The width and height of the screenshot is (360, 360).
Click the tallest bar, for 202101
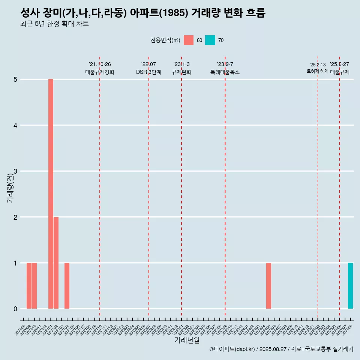tap(51, 194)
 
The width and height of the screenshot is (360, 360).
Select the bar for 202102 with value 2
tap(56, 262)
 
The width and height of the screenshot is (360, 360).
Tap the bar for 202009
tap(29, 286)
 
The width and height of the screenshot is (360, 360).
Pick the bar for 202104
tap(67, 286)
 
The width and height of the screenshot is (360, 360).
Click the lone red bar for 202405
tap(268, 286)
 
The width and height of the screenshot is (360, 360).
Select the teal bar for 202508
tap(350, 286)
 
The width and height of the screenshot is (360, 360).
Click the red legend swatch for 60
tap(189, 40)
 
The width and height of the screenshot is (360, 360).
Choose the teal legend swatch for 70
tap(210, 40)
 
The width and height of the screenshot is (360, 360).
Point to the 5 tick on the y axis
tap(15, 79)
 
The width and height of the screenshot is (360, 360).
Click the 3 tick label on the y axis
tap(15, 171)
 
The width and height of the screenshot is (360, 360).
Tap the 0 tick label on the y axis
tap(15, 309)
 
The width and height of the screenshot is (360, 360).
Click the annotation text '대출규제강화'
tap(100, 72)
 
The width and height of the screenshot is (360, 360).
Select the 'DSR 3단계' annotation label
tap(148, 72)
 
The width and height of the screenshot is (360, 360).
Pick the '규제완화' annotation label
tap(181, 72)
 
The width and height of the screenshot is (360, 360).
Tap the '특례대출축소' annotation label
tap(225, 72)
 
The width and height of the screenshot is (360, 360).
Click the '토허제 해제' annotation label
tap(317, 71)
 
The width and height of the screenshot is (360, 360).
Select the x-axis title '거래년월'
tap(187, 340)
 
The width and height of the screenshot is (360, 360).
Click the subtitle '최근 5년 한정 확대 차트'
tap(55, 24)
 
